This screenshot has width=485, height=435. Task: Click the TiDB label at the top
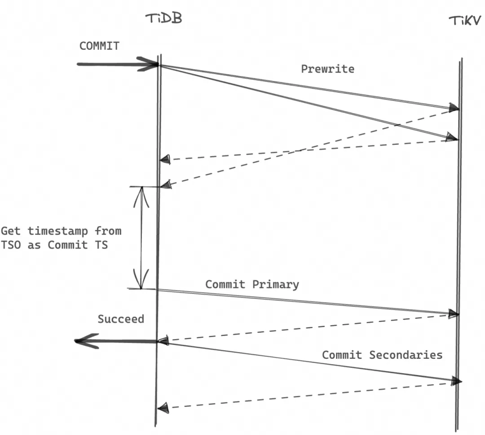163,19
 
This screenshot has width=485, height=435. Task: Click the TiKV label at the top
465,21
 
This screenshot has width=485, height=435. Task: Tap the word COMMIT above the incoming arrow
99,46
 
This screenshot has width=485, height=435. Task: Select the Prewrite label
327,69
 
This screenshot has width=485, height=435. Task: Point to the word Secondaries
406,355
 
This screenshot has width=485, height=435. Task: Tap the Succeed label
121,319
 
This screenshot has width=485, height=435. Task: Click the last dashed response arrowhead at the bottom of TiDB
164,407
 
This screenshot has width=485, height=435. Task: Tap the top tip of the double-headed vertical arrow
141,188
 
